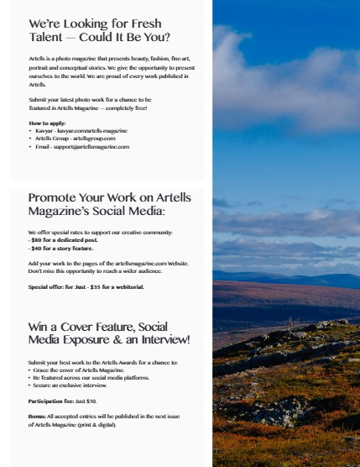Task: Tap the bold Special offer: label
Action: [47, 286]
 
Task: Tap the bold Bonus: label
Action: [38, 417]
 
